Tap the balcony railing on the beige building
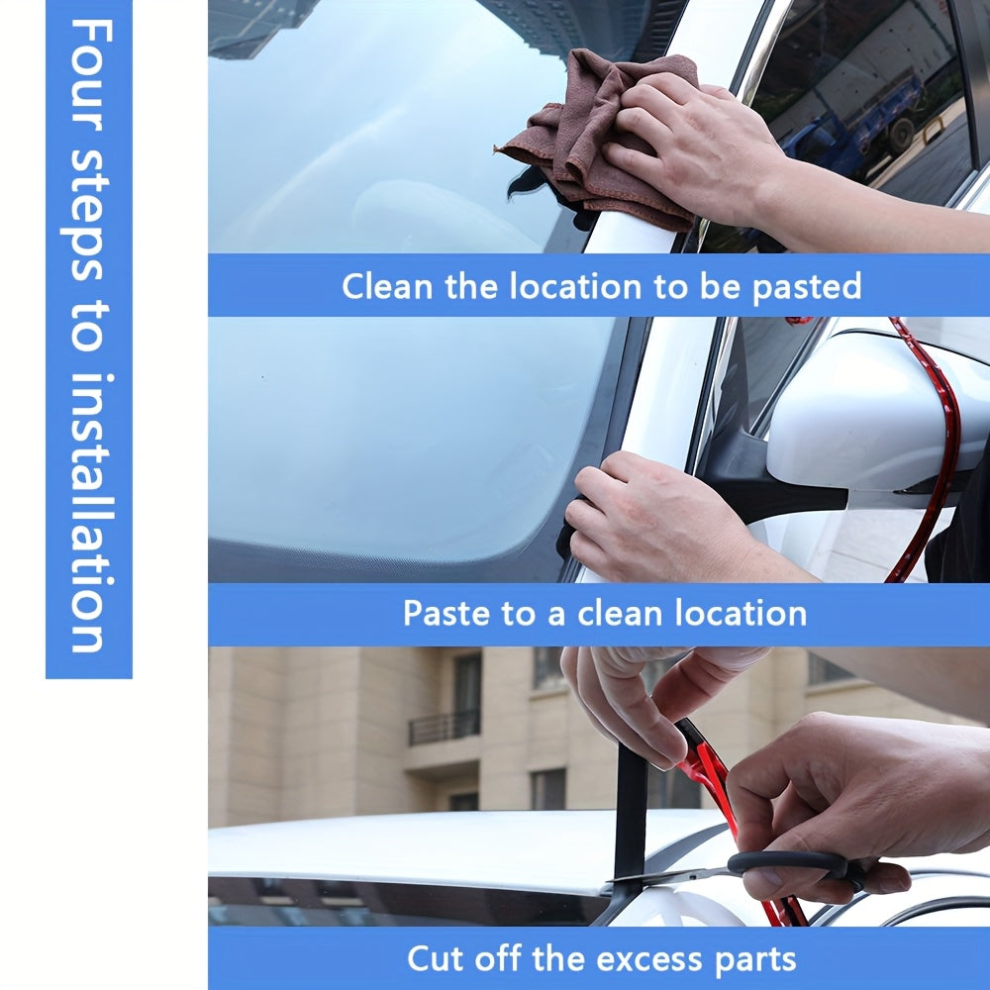(444, 727)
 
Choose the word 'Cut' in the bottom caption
(436, 958)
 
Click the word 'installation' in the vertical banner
(88, 515)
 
